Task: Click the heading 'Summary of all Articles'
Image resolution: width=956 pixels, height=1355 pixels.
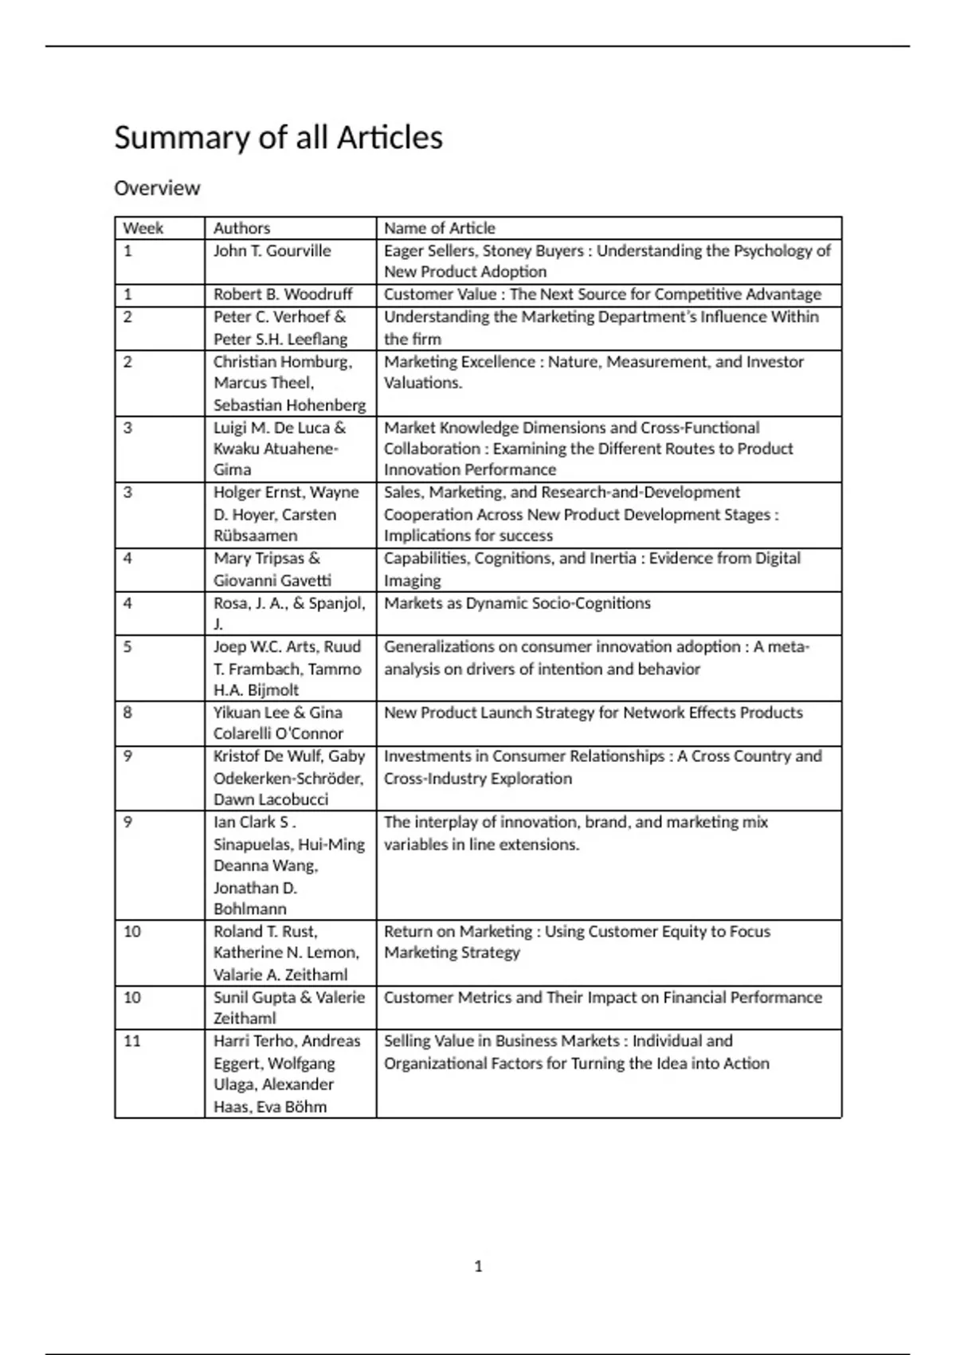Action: (x=278, y=137)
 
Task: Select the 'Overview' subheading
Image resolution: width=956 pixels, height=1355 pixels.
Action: (x=157, y=188)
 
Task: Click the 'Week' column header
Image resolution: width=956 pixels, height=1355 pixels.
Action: (x=143, y=228)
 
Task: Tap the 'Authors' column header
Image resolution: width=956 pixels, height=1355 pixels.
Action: (x=241, y=228)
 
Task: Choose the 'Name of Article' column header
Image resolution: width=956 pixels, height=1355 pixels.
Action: (x=439, y=228)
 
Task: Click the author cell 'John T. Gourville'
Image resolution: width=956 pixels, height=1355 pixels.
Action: (x=272, y=250)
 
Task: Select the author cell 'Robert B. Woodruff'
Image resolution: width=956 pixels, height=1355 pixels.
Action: (x=282, y=294)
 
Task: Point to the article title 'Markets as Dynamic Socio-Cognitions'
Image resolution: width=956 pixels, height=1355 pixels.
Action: (x=517, y=603)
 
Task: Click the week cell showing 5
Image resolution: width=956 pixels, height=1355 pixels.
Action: (x=127, y=646)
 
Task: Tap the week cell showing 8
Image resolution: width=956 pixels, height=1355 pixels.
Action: (x=127, y=713)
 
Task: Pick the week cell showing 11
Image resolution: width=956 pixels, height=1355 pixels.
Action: (x=131, y=1041)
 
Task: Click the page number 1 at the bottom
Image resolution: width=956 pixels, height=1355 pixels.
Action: (x=478, y=1267)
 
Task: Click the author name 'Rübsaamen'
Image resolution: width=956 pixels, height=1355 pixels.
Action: (x=255, y=536)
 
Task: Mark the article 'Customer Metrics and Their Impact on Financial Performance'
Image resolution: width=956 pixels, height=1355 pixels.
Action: (x=602, y=997)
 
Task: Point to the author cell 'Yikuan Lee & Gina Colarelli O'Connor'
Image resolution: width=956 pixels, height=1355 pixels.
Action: (x=278, y=723)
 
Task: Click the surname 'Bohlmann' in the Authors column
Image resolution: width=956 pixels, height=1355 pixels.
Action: (x=249, y=909)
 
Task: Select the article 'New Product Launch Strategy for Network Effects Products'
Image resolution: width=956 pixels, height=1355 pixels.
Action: (x=593, y=713)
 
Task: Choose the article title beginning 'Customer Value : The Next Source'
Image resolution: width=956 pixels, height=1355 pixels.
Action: (x=602, y=294)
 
